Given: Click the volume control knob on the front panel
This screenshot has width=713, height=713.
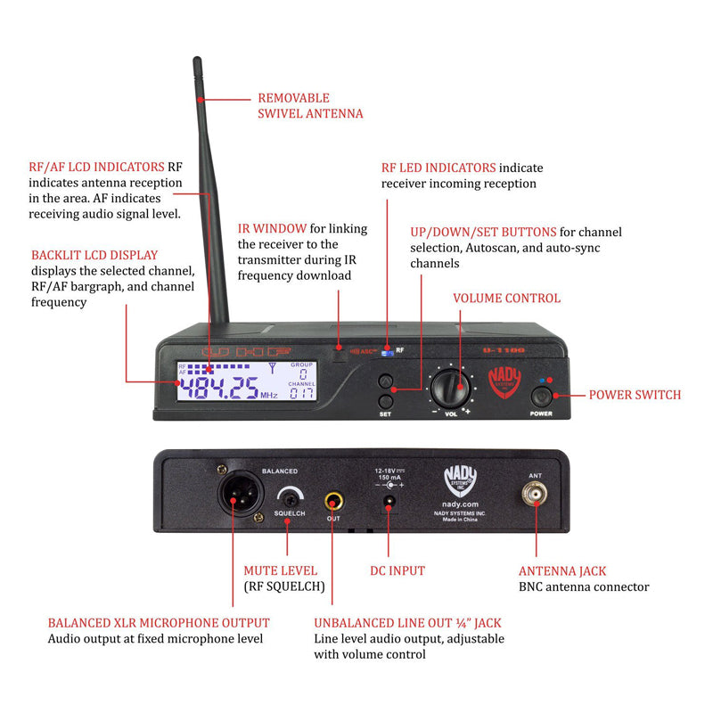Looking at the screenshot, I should [451, 388].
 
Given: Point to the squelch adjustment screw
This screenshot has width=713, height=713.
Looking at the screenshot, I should [288, 497].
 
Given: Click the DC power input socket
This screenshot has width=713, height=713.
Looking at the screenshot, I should [389, 504].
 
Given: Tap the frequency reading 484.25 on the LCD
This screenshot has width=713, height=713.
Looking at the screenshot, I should [218, 388].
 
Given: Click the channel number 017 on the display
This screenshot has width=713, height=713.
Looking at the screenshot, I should [303, 393].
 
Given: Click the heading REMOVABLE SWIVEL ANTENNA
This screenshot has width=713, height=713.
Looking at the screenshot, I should [310, 106].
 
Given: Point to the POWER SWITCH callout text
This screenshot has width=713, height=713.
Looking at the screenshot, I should [635, 395].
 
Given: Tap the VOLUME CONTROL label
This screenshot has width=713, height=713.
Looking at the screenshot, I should [507, 299].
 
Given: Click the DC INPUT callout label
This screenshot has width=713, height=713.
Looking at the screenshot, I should [397, 570].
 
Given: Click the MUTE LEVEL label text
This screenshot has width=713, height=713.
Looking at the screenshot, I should [280, 570].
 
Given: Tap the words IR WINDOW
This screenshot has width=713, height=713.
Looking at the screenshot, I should [272, 229].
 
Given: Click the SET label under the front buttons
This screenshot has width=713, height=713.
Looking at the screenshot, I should [385, 414].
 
